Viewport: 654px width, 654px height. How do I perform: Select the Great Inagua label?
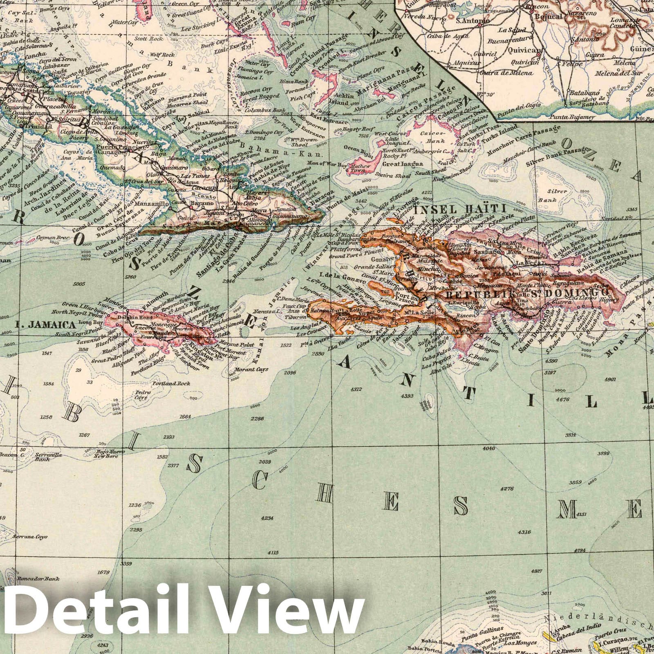pyautogui.click(x=396, y=164)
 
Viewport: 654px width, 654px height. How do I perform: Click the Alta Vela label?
pyautogui.click(x=439, y=371)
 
